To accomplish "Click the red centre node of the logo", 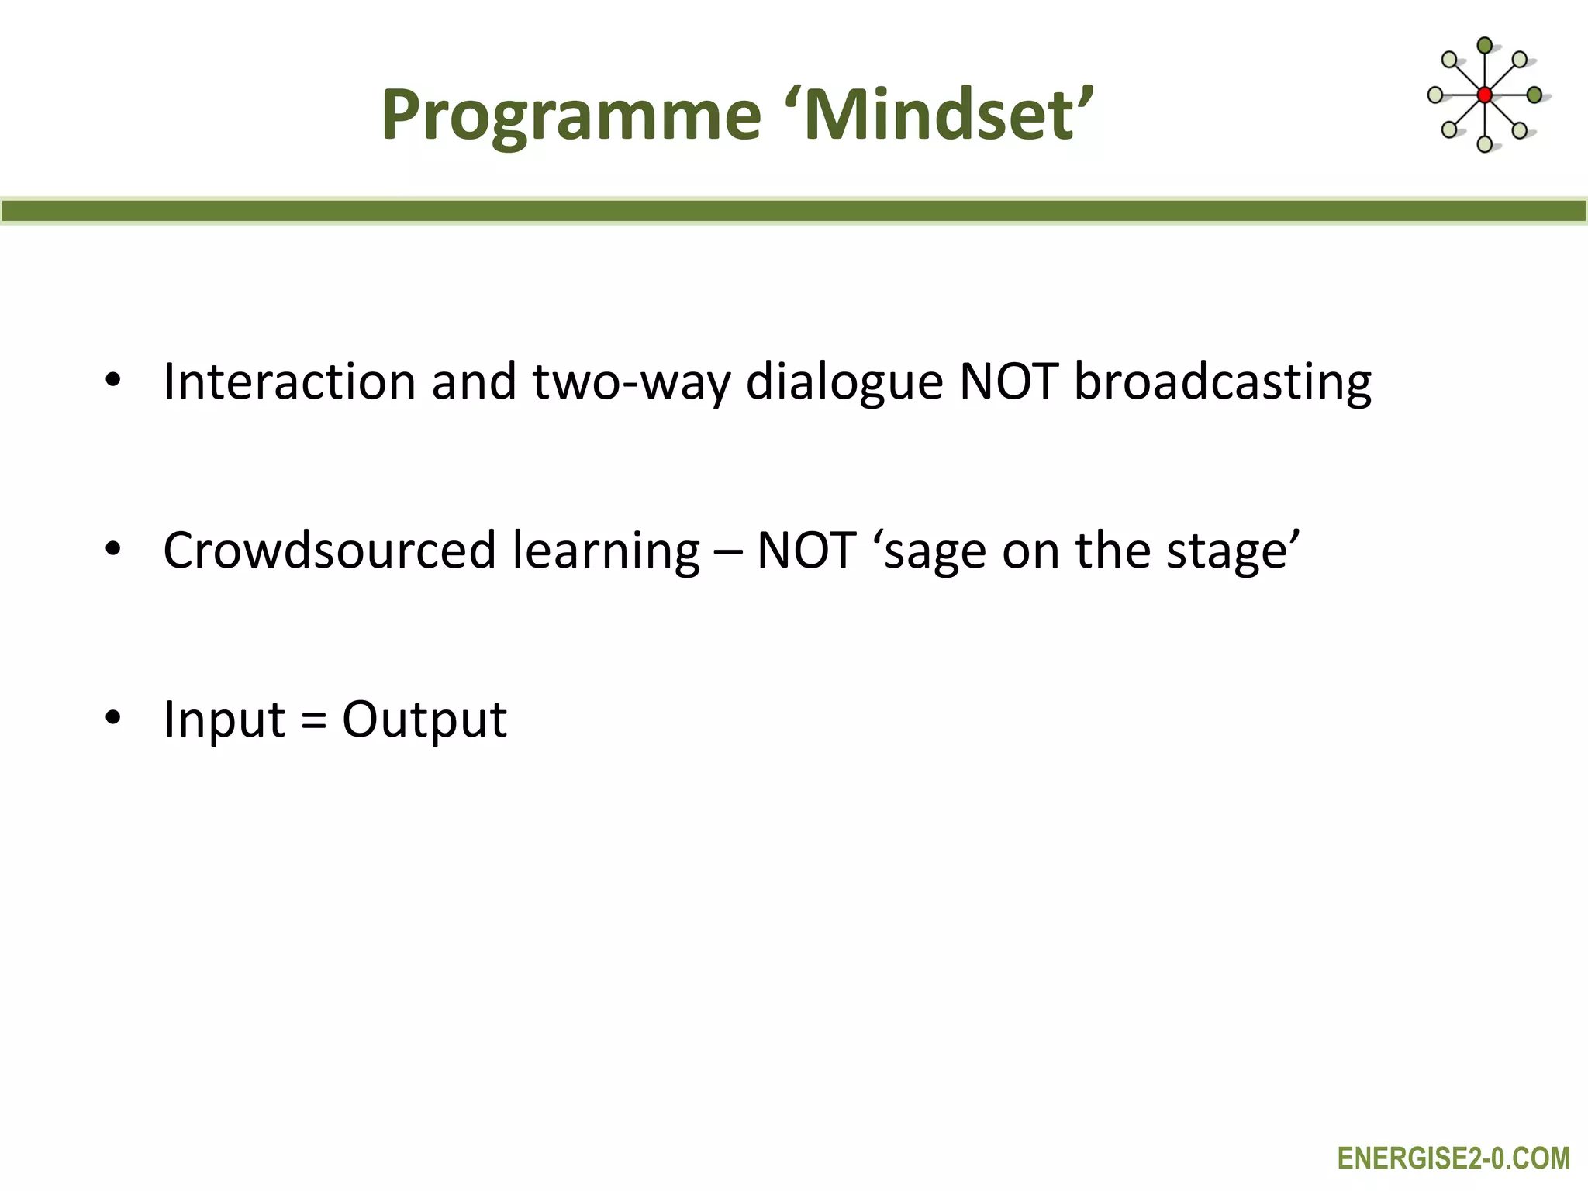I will (x=1484, y=95).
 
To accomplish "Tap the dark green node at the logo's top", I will (x=1484, y=46).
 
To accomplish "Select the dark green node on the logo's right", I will (x=1534, y=95).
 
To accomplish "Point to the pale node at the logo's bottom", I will (x=1484, y=144).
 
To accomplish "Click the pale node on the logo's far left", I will (x=1435, y=95).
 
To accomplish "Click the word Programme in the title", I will (x=571, y=116).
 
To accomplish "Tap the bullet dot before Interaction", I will (x=113, y=381).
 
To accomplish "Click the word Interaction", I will (x=290, y=382).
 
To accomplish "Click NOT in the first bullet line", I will (x=1008, y=382).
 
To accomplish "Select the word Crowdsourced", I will (x=329, y=551).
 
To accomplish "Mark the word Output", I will (x=424, y=720).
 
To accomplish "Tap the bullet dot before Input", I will (x=113, y=719).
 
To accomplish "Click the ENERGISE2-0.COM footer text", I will (x=1453, y=1158).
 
